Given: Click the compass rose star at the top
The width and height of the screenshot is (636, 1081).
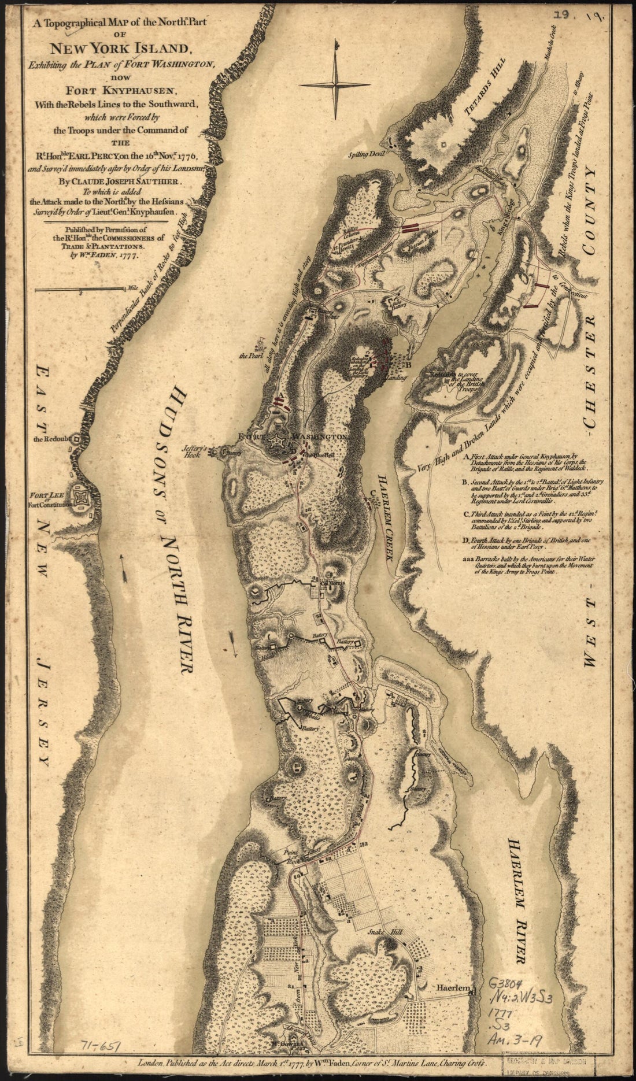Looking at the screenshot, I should pos(335,84).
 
